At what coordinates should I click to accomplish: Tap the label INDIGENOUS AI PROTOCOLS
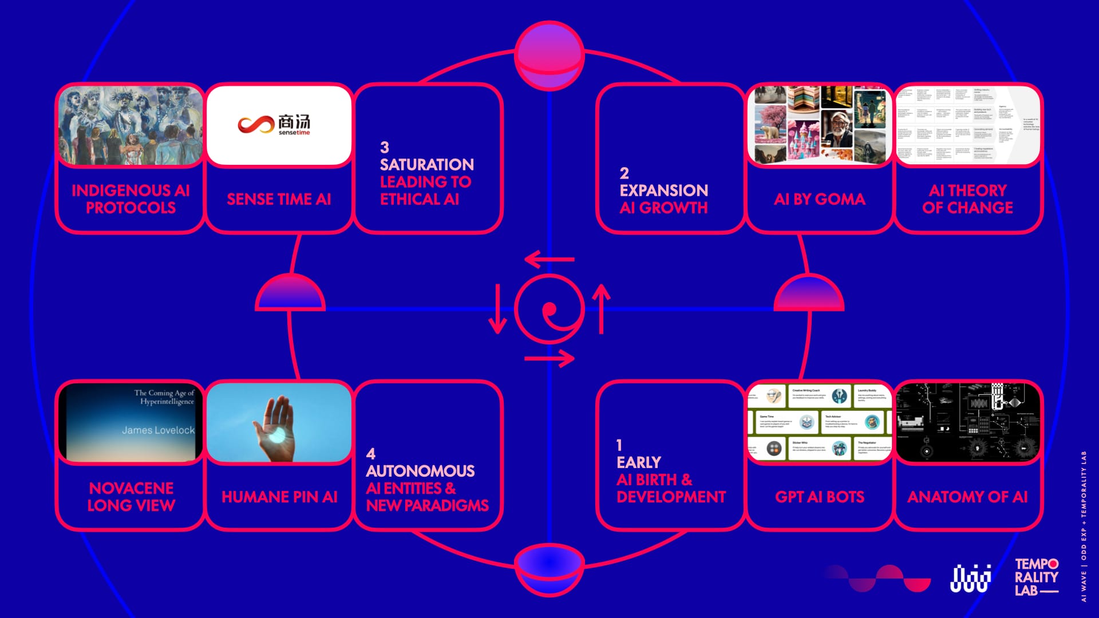(x=131, y=199)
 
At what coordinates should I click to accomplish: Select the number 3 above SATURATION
(x=385, y=148)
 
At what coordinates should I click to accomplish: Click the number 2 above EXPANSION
(x=624, y=173)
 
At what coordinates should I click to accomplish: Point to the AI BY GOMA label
(x=820, y=199)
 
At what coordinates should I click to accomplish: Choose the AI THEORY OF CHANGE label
(x=967, y=199)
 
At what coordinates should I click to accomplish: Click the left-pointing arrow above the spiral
(x=549, y=259)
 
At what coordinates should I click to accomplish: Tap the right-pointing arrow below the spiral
(x=549, y=359)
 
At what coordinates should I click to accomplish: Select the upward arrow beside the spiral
(x=601, y=309)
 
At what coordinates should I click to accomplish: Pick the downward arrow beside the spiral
(x=497, y=309)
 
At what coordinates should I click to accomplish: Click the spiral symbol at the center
(x=549, y=309)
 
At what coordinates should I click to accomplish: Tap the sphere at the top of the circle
(x=549, y=56)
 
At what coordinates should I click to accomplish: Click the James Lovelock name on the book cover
(x=158, y=430)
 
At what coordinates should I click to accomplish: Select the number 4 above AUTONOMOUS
(x=371, y=454)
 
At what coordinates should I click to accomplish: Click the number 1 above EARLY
(x=619, y=445)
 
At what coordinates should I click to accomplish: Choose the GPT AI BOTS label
(x=820, y=497)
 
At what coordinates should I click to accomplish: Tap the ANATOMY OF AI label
(x=967, y=497)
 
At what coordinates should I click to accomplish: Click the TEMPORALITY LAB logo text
(x=1036, y=577)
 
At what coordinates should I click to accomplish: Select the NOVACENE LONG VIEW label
(x=131, y=497)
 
